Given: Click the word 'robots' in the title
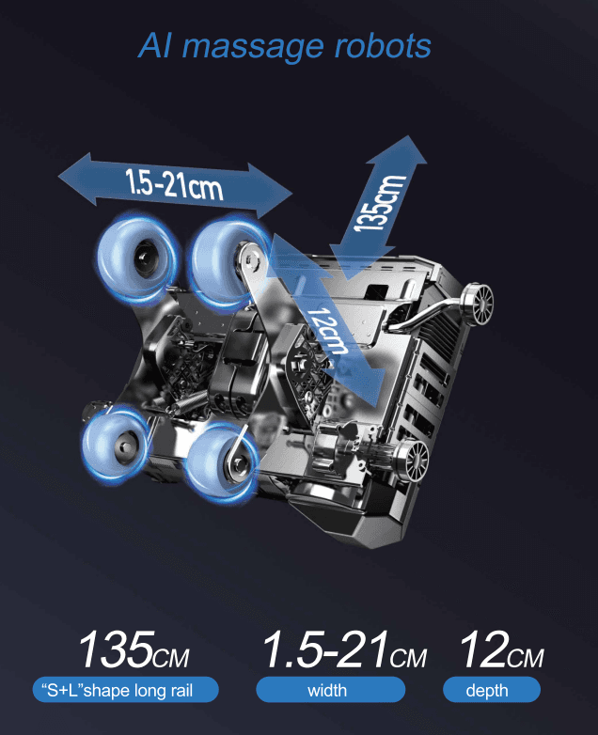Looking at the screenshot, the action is click(384, 46).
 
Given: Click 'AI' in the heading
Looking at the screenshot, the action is click(154, 45).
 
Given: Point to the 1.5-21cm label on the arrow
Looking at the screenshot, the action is click(174, 184).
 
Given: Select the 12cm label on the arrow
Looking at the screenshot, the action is click(330, 332).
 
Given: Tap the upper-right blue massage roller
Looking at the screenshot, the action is click(228, 262).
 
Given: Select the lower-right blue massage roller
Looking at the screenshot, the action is click(220, 460).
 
